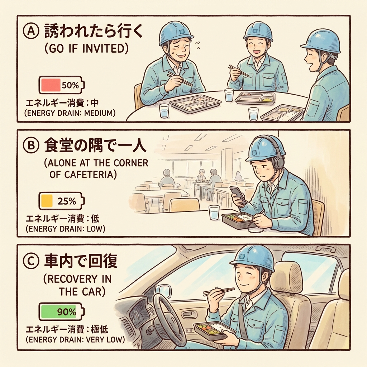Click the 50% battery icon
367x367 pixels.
coord(62,85)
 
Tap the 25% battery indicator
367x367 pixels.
coord(62,201)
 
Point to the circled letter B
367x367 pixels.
coord(31,146)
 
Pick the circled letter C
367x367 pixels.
coord(31,262)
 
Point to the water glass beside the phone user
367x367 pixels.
coord(214,213)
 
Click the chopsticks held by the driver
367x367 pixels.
coord(219,291)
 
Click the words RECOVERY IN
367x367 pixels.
coord(77,279)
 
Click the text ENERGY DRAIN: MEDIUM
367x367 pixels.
coord(70,113)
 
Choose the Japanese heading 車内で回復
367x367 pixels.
coord(81,261)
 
